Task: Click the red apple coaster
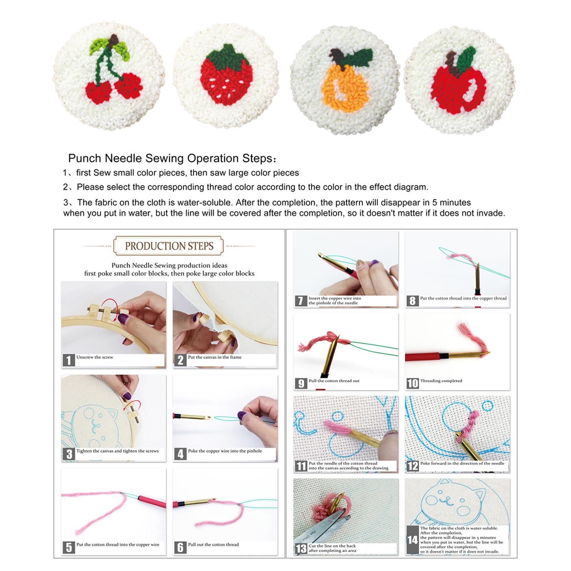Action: click(459, 80)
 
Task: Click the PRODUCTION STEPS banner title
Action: click(169, 246)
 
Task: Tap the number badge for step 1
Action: click(69, 360)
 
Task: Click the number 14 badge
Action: click(413, 540)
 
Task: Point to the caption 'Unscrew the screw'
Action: click(95, 357)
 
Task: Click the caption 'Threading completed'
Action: click(441, 381)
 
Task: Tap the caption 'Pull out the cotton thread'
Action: click(213, 545)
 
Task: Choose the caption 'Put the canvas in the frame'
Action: click(215, 357)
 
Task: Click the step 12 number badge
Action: click(413, 466)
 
